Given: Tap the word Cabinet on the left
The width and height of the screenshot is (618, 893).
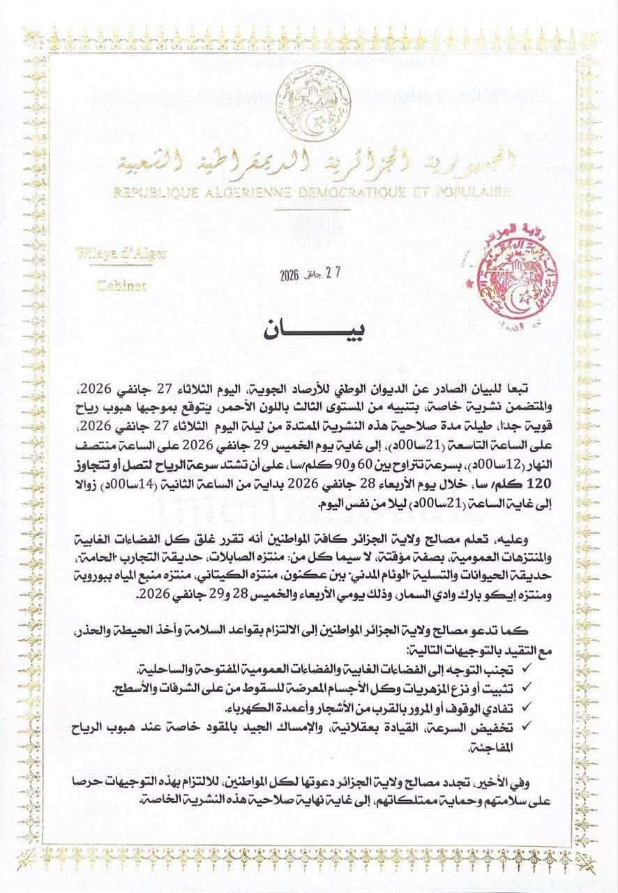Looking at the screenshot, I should point(116,285).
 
